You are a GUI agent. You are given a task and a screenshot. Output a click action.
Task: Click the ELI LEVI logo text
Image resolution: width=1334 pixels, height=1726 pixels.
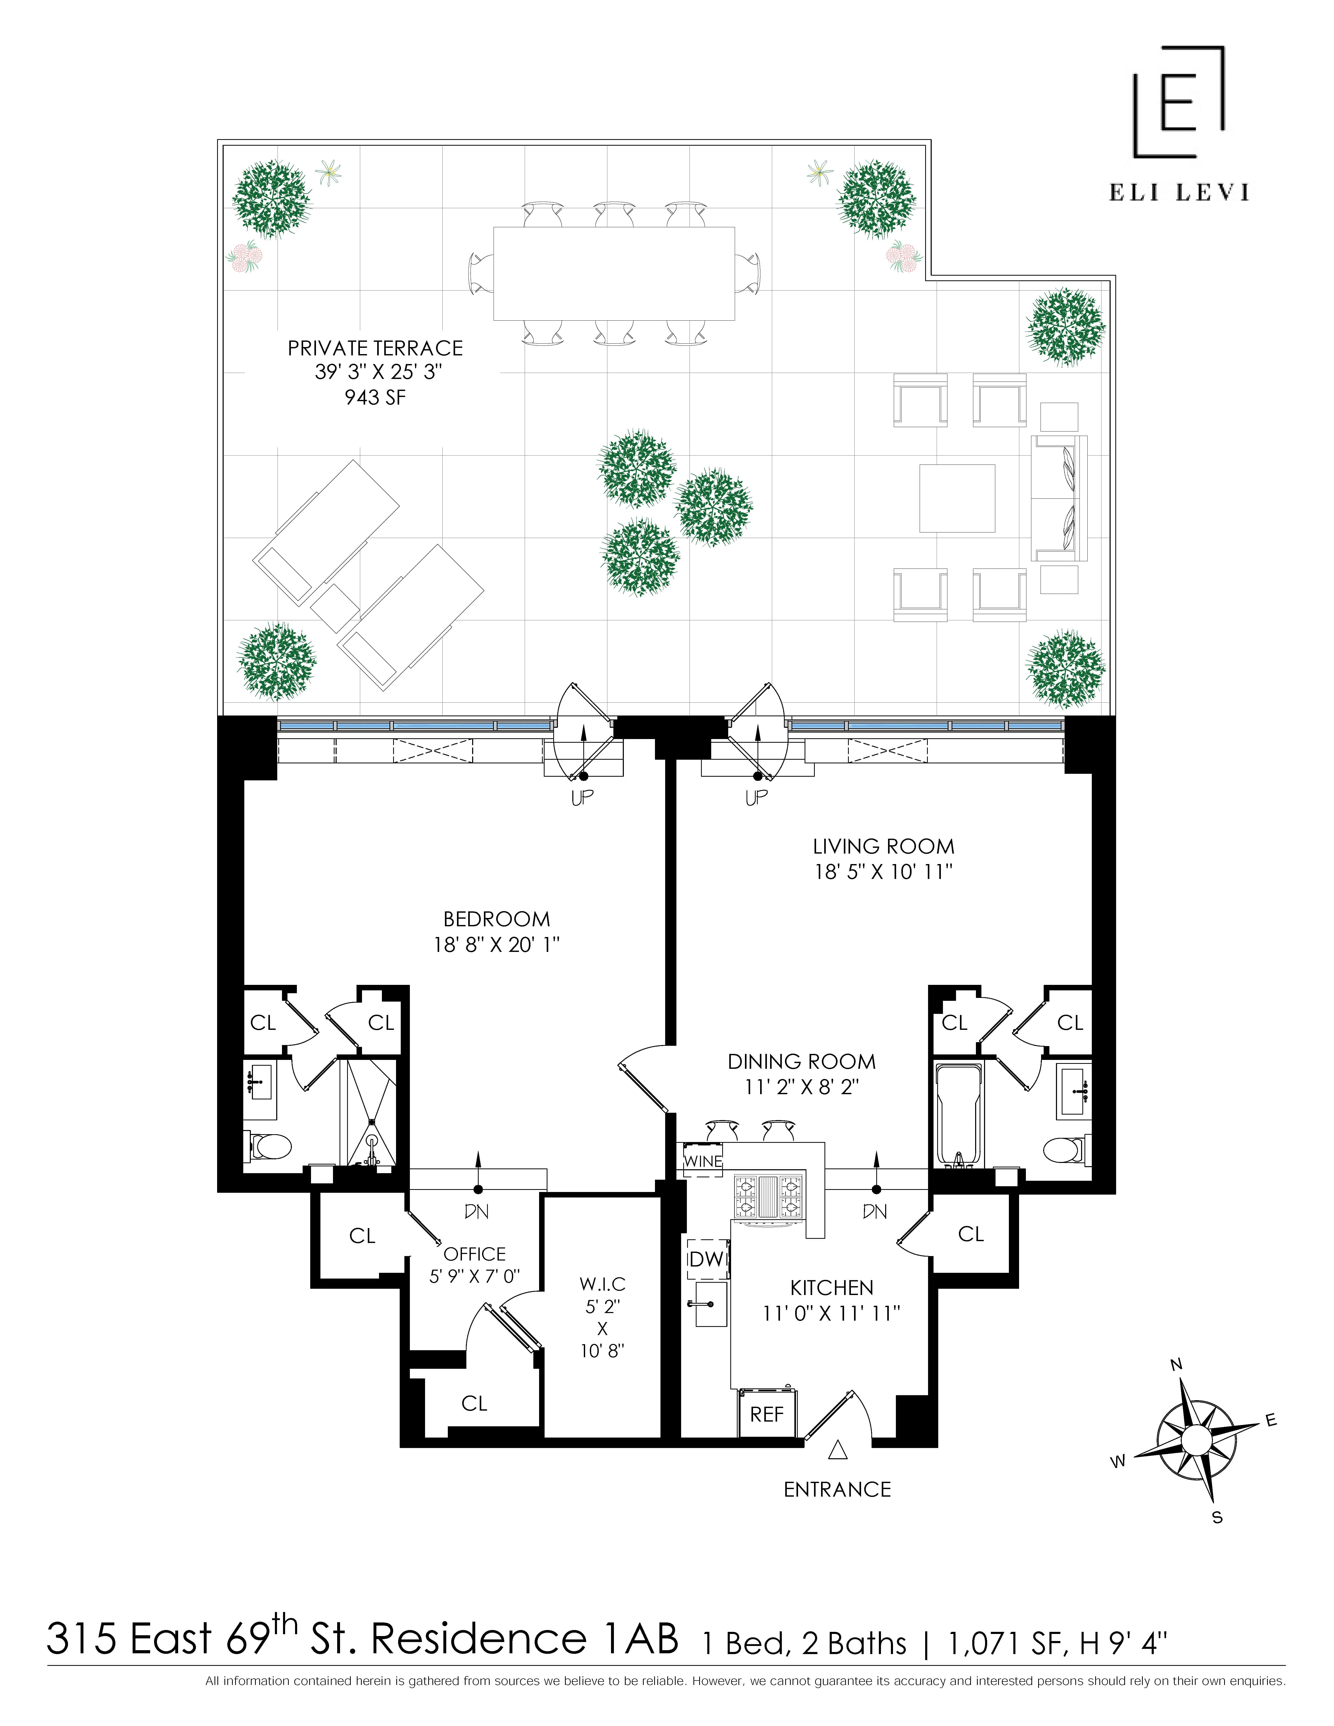(1178, 192)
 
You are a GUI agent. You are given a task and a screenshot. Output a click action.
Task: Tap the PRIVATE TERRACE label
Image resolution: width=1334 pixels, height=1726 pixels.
(375, 348)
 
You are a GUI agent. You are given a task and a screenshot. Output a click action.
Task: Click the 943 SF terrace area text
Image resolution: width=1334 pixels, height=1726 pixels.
(375, 398)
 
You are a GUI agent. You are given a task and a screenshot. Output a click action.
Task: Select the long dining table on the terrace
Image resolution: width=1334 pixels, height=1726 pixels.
(614, 274)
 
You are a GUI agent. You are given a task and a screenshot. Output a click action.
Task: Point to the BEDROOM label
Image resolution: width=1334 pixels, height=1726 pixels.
(496, 919)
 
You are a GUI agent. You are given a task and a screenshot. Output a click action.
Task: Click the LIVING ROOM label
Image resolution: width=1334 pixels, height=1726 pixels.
(884, 847)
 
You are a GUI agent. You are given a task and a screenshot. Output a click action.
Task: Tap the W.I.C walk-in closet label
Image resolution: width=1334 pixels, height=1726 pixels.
(602, 1284)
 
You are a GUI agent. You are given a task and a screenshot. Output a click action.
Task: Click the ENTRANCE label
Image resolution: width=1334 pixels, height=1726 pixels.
(837, 1490)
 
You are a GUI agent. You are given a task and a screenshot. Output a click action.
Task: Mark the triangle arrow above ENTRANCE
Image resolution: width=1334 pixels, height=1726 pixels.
(838, 1451)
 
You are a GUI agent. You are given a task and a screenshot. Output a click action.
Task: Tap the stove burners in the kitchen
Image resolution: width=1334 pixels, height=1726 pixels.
(769, 1197)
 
